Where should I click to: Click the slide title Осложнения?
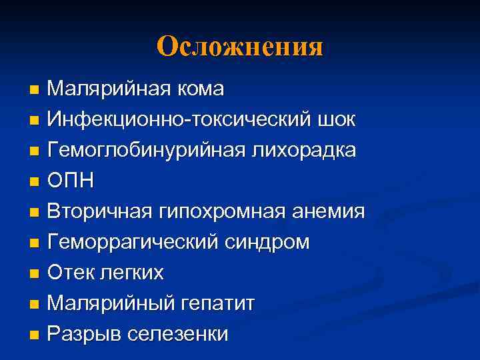pyautogui.click(x=240, y=47)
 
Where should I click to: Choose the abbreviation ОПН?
pyautogui.click(x=71, y=181)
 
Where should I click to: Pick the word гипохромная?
pyautogui.click(x=215, y=211)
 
